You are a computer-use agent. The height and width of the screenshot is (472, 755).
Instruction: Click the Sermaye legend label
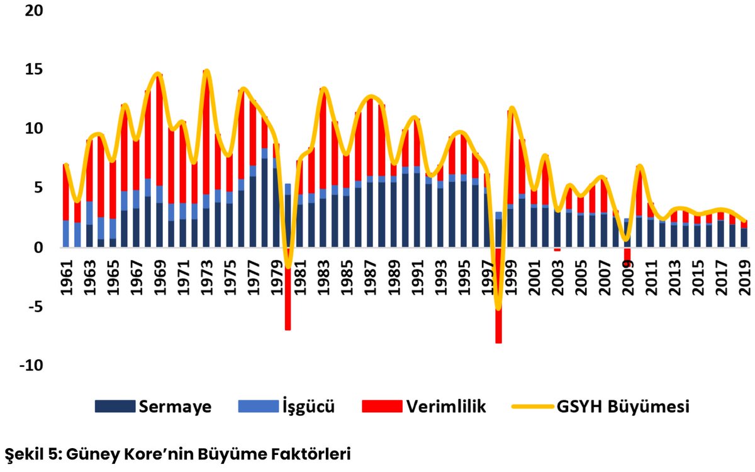click(x=175, y=406)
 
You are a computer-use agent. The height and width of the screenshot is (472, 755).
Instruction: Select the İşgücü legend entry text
click(x=307, y=406)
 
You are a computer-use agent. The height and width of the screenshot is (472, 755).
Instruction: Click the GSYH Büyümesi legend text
click(x=623, y=406)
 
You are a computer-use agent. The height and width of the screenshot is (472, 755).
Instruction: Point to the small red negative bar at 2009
click(x=627, y=255)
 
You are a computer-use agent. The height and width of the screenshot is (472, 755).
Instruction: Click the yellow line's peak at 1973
click(x=206, y=71)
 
